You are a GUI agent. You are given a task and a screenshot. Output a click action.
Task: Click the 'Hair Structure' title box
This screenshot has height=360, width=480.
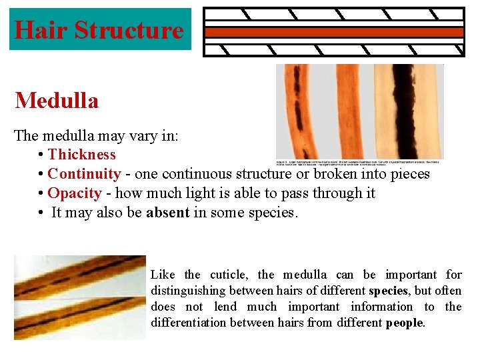(99, 29)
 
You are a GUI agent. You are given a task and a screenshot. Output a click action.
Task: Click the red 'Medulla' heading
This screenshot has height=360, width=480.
(57, 101)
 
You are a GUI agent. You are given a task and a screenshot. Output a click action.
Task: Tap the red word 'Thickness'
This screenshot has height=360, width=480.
(81, 155)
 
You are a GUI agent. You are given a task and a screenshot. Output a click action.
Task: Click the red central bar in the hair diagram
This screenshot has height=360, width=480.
(333, 32)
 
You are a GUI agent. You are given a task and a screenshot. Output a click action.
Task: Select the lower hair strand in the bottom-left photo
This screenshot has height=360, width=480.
(80, 313)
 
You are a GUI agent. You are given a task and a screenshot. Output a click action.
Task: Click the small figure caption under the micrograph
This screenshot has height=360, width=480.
(360, 162)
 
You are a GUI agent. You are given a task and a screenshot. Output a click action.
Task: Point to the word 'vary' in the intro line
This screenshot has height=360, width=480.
(148, 135)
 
